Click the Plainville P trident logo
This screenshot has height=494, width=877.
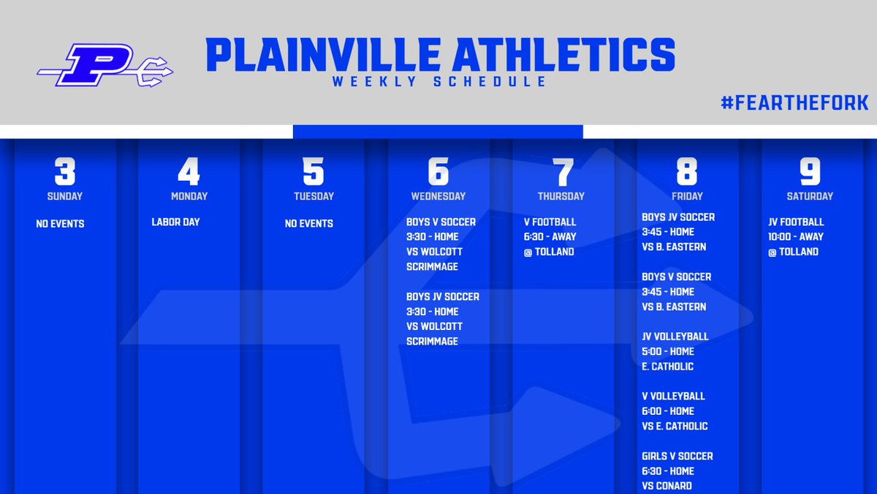point(105,66)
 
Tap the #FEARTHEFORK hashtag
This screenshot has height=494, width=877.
point(794,103)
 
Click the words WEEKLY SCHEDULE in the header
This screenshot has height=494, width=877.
point(439,81)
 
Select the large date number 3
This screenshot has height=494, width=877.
point(65,172)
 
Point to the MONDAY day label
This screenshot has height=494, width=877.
point(189,196)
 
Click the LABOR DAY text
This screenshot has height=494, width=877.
point(175,222)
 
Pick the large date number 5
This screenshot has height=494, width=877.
point(314,172)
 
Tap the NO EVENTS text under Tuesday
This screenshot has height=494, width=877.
point(308,223)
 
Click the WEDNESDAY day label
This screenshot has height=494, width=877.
point(438,196)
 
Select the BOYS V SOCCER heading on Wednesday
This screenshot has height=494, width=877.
point(441,222)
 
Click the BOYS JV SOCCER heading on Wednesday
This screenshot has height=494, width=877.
point(443,296)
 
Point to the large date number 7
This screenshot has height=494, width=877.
point(562,172)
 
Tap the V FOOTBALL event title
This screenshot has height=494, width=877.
point(550,222)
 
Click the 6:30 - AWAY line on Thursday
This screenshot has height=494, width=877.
point(550,236)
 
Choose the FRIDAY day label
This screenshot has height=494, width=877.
point(687,196)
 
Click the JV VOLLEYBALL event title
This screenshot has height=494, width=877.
point(675,337)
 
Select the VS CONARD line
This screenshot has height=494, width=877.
point(667,486)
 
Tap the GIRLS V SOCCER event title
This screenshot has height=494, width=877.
point(677,456)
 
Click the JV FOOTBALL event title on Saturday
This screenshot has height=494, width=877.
point(796,222)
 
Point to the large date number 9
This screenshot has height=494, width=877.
point(810,172)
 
